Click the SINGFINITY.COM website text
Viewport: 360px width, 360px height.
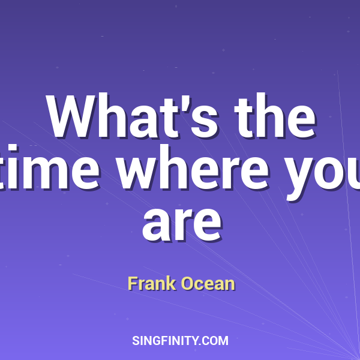[x=180, y=341]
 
